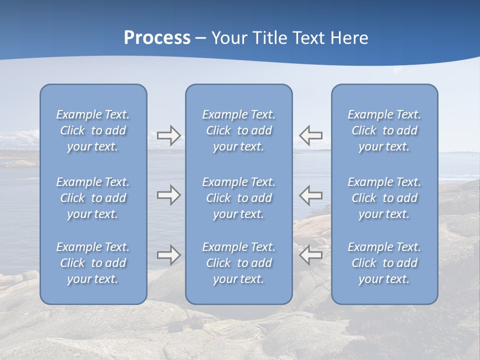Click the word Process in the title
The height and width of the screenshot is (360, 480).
point(157,38)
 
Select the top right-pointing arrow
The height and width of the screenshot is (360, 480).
point(168,135)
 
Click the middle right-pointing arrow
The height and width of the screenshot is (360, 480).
point(168,195)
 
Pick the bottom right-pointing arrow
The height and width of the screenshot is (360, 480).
point(168,255)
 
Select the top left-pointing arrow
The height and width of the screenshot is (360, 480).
point(310,135)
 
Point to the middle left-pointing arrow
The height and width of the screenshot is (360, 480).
point(310,195)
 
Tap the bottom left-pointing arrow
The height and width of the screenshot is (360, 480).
point(310,255)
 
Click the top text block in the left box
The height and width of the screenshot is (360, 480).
point(93,130)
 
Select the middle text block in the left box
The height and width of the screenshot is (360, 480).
point(93,198)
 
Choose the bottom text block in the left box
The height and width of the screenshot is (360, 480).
point(93,263)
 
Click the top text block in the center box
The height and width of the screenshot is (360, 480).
point(238,130)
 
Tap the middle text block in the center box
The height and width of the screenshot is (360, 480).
point(238,198)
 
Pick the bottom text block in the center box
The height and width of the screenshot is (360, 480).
point(238,263)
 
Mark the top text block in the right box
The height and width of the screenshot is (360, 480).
point(384,130)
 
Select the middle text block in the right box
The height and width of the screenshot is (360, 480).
point(384,198)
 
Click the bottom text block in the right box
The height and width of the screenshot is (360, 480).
point(384,263)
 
